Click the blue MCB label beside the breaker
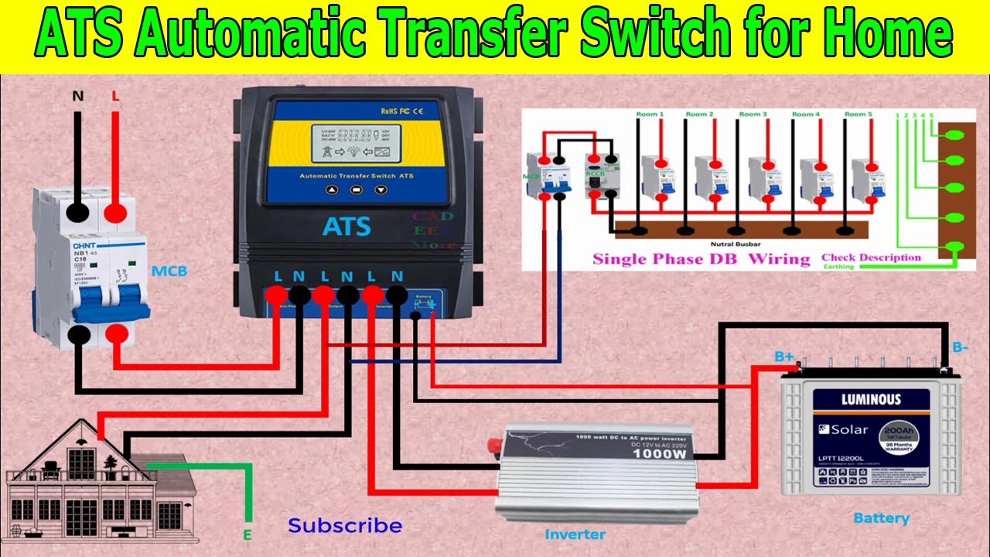(169, 272)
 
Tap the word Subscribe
(345, 526)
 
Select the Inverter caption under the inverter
(575, 534)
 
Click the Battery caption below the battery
(881, 518)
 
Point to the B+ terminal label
(784, 357)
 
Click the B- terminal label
(960, 348)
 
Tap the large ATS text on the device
(346, 227)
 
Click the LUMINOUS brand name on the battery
(871, 400)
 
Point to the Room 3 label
(753, 114)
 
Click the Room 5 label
(858, 114)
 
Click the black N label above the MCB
(78, 97)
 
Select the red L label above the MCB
(116, 97)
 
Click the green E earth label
(247, 535)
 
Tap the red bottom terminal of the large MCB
(117, 334)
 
